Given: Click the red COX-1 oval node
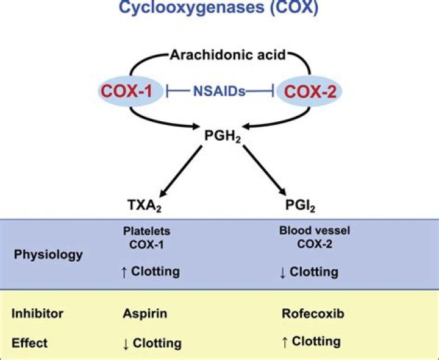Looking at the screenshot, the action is [130, 91].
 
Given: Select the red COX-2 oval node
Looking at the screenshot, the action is [309, 91].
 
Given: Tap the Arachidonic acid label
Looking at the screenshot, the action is [228, 55].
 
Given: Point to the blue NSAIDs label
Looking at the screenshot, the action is [220, 91].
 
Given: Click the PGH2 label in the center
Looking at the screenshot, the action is [223, 136].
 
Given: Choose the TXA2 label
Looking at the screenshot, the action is [145, 205].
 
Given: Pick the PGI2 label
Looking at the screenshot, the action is [300, 205].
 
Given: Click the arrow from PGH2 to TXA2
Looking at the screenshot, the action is [180, 171].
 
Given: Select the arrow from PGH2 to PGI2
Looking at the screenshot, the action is [264, 171].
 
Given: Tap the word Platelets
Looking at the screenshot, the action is [147, 231].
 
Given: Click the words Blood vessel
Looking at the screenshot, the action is [315, 230].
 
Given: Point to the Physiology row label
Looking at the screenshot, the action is [48, 255].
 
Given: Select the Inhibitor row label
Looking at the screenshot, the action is [37, 313].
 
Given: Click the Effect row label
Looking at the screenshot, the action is [29, 343].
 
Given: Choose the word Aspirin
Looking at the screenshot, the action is [145, 313].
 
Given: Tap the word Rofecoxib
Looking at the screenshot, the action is [313, 313].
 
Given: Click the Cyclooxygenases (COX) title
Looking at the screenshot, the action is [219, 7].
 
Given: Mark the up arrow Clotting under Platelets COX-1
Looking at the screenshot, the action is [151, 272].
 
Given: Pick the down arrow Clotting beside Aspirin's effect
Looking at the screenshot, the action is [152, 344].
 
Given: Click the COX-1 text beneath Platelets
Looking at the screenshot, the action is [146, 245].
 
